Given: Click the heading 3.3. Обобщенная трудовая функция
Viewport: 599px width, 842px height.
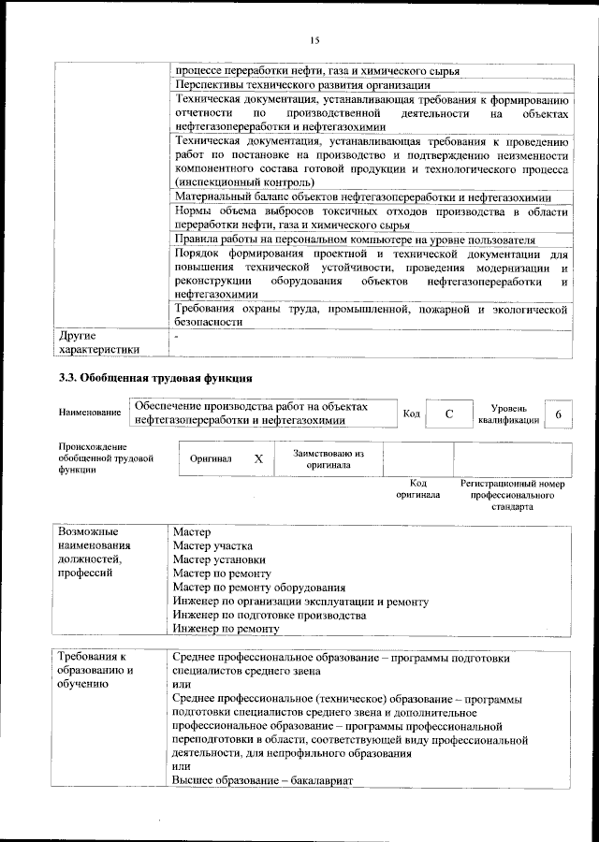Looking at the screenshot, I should [x=154, y=378].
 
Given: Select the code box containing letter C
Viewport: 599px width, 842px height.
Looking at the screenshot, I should [x=448, y=414].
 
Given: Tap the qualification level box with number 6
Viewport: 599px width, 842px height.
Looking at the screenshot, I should [x=558, y=414].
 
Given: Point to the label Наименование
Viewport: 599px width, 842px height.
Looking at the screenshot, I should [x=89, y=413].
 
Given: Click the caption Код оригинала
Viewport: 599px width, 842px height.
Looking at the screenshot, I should [x=417, y=488].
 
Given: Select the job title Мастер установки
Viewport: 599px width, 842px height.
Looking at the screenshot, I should [x=218, y=559].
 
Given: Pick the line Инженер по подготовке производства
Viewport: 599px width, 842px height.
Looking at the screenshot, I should [x=270, y=616].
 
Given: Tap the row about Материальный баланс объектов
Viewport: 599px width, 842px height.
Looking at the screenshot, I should [x=362, y=196].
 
